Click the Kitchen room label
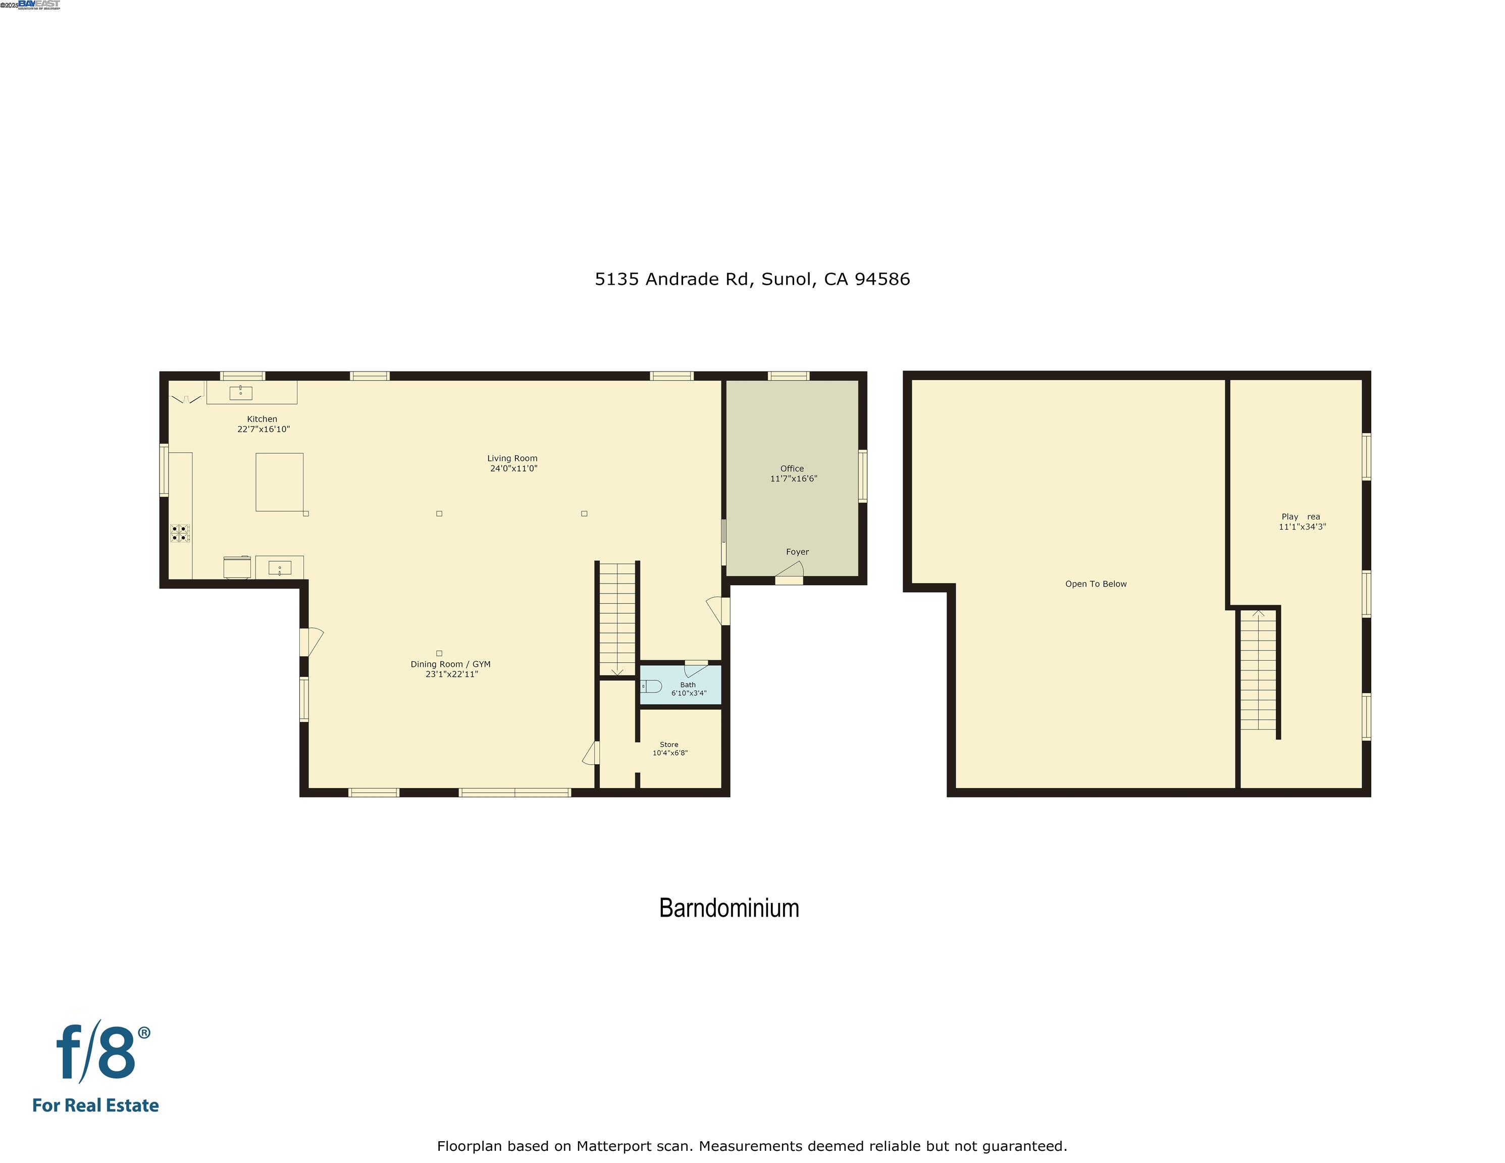pos(262,419)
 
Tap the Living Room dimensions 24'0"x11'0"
pos(513,468)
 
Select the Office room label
pos(792,468)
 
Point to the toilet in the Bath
pos(651,686)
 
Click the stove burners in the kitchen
pos(180,533)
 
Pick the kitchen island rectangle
pos(279,482)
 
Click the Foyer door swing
pos(791,569)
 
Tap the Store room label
pos(668,744)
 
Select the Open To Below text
pos(1096,584)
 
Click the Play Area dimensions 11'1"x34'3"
pos(1302,527)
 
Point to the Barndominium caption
pos(729,908)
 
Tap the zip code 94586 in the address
pos(882,279)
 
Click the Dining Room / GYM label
pos(451,664)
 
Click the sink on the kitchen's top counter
pos(240,393)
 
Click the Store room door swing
pos(591,753)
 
